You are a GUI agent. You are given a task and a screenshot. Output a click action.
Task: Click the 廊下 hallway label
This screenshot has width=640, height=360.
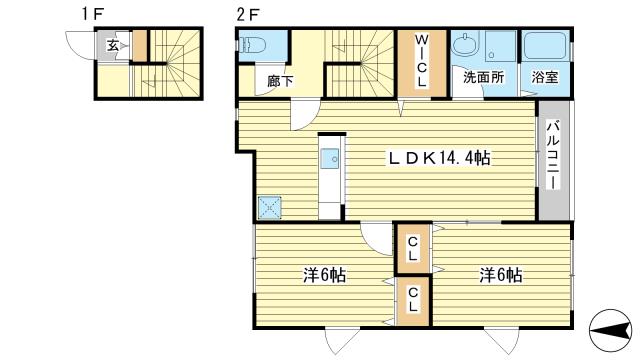pos(280,82)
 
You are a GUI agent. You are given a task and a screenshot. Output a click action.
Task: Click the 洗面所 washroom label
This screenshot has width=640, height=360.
pos(481,76)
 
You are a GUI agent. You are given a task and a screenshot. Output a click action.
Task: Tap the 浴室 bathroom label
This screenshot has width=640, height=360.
pos(545,76)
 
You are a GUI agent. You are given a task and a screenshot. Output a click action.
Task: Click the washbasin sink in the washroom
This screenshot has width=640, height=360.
pos(466,46)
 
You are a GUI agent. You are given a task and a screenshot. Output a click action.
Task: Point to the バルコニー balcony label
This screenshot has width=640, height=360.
pos(554,160)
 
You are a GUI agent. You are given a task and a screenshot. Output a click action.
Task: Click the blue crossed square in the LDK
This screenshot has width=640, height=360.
pos(269,207)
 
